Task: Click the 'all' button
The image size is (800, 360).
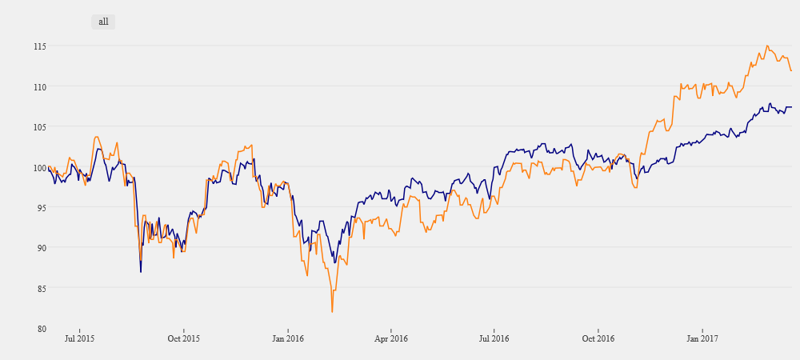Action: [x=103, y=22]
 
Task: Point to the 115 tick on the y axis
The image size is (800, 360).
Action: [x=38, y=46]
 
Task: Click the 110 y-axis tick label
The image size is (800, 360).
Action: [x=38, y=86]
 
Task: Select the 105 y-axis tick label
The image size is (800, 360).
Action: [x=38, y=127]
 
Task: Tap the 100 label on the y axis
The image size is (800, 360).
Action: [x=38, y=167]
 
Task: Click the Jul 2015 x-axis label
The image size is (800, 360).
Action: [x=79, y=339]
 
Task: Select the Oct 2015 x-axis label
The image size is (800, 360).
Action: [x=183, y=339]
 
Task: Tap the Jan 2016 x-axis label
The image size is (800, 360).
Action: [x=288, y=339]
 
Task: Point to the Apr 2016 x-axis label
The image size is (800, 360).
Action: [x=391, y=339]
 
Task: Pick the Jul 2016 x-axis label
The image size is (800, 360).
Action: [x=494, y=339]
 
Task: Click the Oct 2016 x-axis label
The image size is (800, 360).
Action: [x=598, y=339]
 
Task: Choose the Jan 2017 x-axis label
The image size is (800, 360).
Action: [x=702, y=339]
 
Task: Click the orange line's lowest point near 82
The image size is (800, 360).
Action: [x=332, y=311]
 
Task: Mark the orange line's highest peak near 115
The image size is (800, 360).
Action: [x=766, y=46]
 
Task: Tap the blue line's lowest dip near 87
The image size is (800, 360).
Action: [x=141, y=272]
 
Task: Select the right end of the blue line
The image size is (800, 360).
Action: [x=791, y=107]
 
